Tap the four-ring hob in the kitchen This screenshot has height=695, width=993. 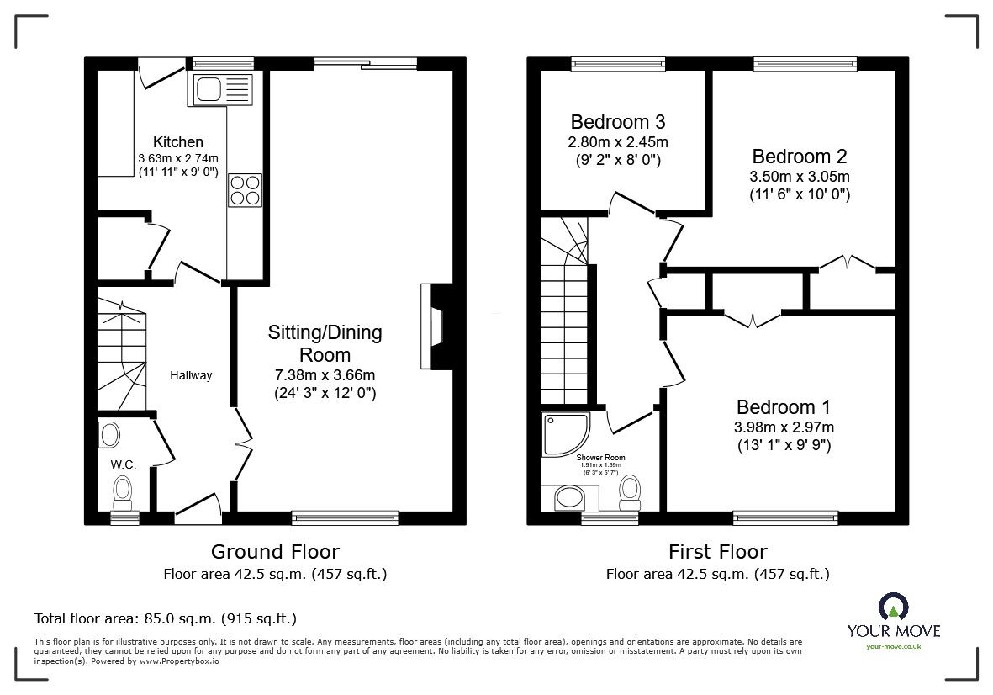[245, 189]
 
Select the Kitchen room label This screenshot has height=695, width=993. [177, 142]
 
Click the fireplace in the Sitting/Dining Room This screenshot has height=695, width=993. [434, 326]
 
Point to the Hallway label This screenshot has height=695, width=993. [192, 375]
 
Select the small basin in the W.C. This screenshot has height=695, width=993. [109, 435]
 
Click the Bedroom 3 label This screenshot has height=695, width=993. [618, 122]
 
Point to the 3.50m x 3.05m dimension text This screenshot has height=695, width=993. [799, 177]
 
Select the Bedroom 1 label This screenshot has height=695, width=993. [783, 407]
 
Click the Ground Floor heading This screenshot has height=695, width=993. [275, 552]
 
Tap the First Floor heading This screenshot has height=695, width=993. [717, 552]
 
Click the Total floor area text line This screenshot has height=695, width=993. [165, 618]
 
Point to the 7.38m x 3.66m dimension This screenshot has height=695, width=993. [325, 374]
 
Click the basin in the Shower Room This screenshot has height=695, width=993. [574, 498]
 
